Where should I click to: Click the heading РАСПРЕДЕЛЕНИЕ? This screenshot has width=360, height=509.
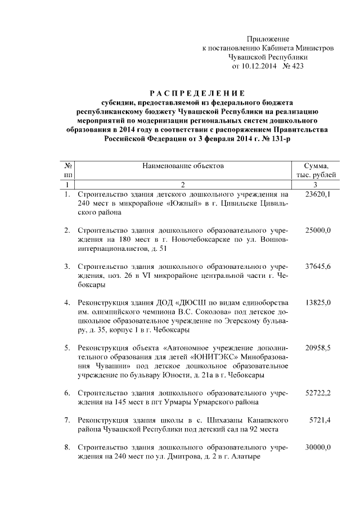(197, 93)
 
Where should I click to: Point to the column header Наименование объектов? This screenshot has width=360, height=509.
(183, 166)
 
